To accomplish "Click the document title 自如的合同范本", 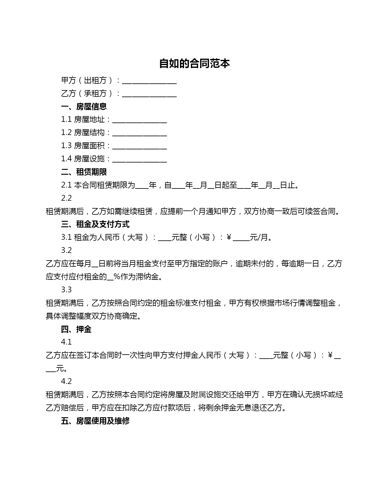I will pyautogui.click(x=194, y=64).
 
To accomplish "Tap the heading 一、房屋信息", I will pyautogui.click(x=84, y=107).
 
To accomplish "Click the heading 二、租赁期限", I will pyautogui.click(x=84, y=172).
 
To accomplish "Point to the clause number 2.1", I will pyautogui.click(x=66, y=185).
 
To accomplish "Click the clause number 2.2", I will pyautogui.click(x=66, y=198).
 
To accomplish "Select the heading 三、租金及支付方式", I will pyautogui.click(x=95, y=225).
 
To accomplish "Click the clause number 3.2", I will pyautogui.click(x=66, y=250).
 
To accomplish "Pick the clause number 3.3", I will pyautogui.click(x=66, y=290).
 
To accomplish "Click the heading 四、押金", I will pyautogui.click(x=76, y=329).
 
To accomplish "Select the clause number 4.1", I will pyautogui.click(x=66, y=342).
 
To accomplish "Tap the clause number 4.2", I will pyautogui.click(x=66, y=382).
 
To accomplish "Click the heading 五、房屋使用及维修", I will pyautogui.click(x=95, y=421).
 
